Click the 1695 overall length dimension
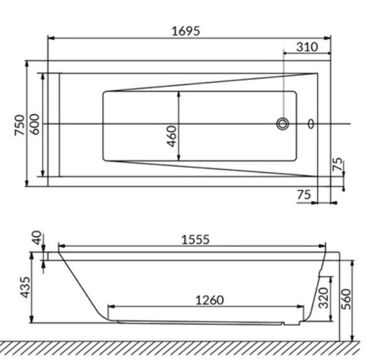[x=186, y=32]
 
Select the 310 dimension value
[x=307, y=47]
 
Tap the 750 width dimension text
[x=20, y=125]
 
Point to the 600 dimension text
[x=35, y=124]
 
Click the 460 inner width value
[x=172, y=136]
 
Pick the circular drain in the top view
[x=282, y=124]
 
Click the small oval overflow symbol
[x=311, y=124]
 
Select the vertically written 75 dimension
[x=338, y=164]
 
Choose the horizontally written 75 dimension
[x=304, y=194]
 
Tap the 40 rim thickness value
[x=37, y=238]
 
